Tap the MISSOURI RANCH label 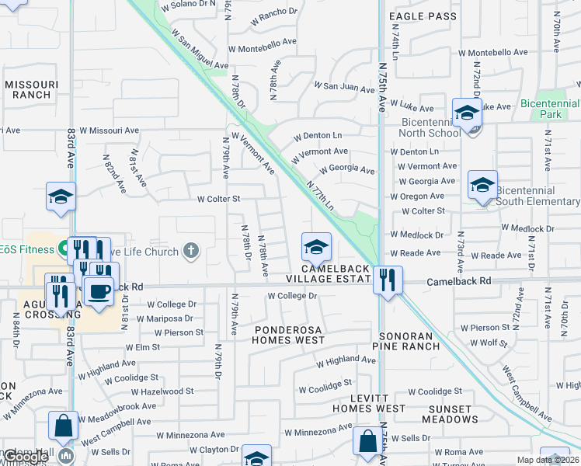tap(27, 89)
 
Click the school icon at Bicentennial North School tap(467, 113)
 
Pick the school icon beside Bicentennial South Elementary tap(482, 186)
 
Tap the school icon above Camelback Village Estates tap(316, 247)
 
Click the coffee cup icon tap(99, 291)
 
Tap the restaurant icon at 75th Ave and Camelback tap(388, 280)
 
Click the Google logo tap(26, 457)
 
